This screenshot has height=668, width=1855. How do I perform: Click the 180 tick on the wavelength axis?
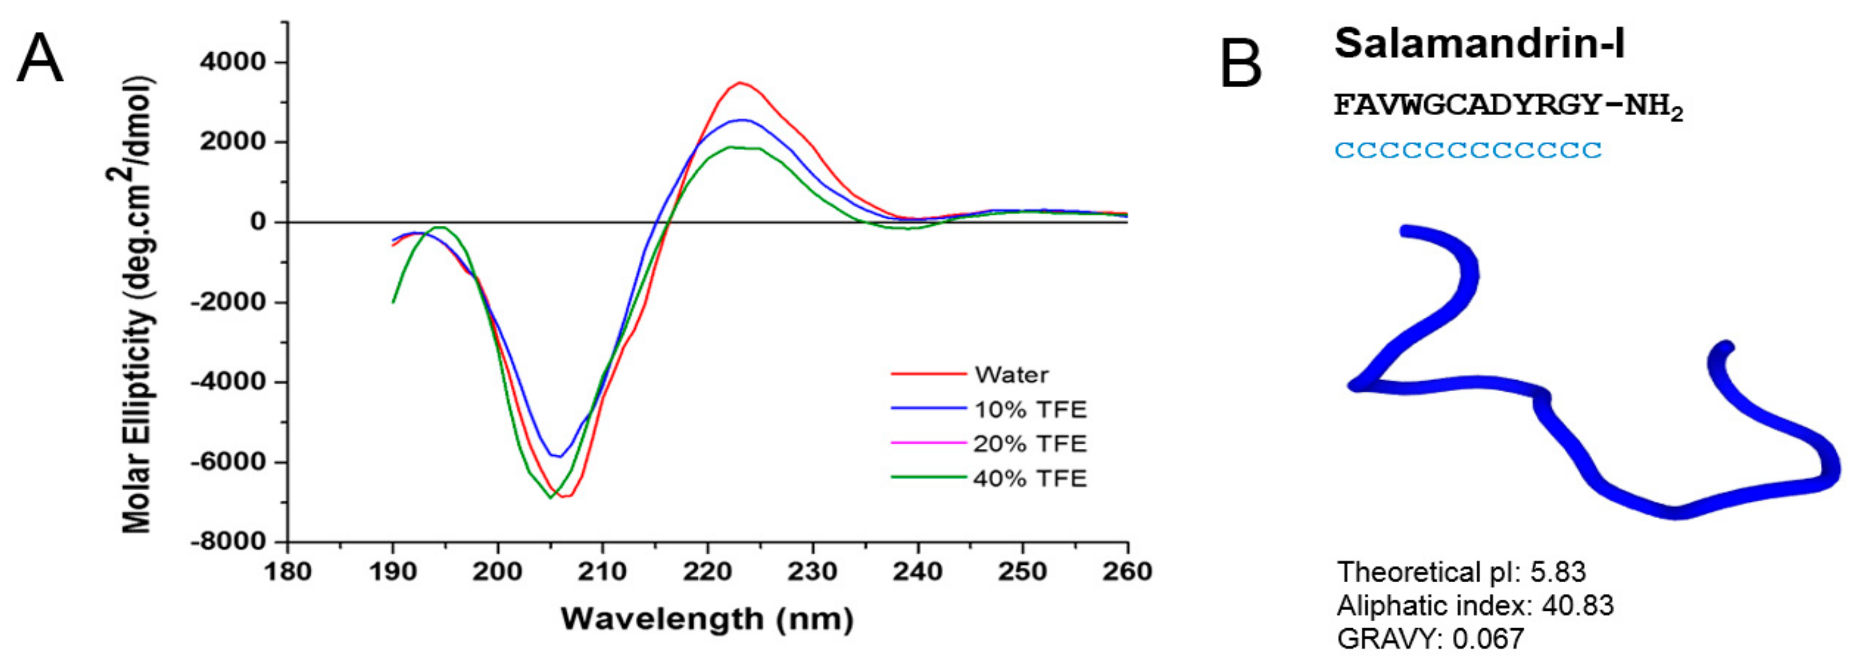click(287, 572)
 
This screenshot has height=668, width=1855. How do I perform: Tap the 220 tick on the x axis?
click(708, 572)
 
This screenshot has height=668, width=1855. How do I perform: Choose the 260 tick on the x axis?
click(1127, 572)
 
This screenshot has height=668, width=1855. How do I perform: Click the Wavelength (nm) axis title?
click(707, 619)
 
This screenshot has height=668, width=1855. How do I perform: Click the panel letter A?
click(40, 59)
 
